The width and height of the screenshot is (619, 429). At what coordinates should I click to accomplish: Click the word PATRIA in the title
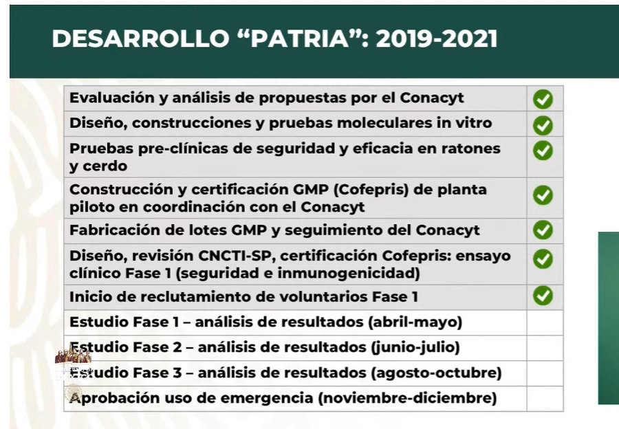(300, 38)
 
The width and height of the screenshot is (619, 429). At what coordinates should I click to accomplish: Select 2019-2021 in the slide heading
(437, 38)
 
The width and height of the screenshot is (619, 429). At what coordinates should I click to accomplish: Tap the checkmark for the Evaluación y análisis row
(543, 99)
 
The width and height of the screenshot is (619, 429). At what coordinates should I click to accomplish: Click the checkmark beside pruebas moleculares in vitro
(543, 126)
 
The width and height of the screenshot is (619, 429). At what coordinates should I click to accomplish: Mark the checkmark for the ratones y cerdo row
(543, 151)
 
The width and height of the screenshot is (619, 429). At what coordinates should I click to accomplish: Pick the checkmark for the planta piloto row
(543, 195)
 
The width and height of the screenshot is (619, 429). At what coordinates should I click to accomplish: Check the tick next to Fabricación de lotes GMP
(543, 230)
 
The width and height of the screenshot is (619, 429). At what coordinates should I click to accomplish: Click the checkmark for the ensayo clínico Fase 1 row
(543, 259)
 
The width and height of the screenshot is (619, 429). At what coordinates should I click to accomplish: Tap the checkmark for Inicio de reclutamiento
(543, 296)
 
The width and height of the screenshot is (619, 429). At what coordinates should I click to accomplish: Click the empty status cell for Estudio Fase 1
(545, 322)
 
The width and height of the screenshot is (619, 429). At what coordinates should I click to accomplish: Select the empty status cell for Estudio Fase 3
(545, 373)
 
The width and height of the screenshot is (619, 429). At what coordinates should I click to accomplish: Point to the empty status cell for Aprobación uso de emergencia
(545, 398)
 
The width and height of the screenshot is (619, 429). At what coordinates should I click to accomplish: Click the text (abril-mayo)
(415, 322)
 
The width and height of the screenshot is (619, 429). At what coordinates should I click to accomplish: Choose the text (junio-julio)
(415, 348)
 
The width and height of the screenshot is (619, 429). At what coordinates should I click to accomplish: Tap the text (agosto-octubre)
(436, 373)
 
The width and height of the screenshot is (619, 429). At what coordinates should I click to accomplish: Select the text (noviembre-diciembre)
(407, 398)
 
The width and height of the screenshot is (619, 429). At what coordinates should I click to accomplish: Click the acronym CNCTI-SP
(236, 256)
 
